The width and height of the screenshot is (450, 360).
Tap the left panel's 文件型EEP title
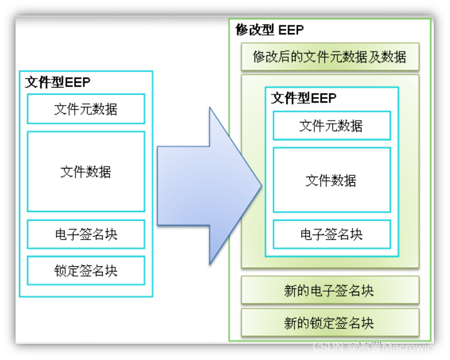(58, 83)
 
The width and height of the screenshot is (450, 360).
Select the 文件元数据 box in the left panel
(86, 109)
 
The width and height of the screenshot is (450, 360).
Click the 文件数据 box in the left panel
(86, 172)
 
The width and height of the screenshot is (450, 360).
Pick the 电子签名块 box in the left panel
(86, 234)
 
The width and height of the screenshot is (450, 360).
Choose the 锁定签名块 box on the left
(86, 270)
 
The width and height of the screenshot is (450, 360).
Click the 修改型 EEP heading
(270, 30)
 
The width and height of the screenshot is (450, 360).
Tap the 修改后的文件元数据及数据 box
(330, 57)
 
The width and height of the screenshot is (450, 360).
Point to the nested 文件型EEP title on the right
(304, 98)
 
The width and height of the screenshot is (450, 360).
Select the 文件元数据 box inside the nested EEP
(331, 126)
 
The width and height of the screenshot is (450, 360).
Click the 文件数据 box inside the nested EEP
(331, 180)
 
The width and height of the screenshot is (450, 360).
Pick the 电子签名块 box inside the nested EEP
(331, 234)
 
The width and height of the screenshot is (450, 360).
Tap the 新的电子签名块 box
(330, 290)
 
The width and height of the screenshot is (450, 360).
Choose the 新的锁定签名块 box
(330, 323)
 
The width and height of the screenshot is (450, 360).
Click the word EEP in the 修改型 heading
(291, 30)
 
